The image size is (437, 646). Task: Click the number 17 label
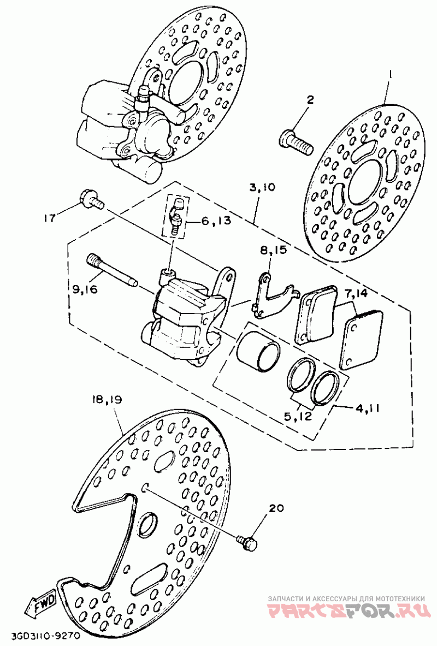tap(50, 217)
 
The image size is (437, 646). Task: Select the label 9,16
tap(85, 290)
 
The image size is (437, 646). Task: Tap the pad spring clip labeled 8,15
tap(274, 295)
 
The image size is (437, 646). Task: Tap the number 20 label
tap(276, 509)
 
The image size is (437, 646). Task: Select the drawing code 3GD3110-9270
tap(39, 637)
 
